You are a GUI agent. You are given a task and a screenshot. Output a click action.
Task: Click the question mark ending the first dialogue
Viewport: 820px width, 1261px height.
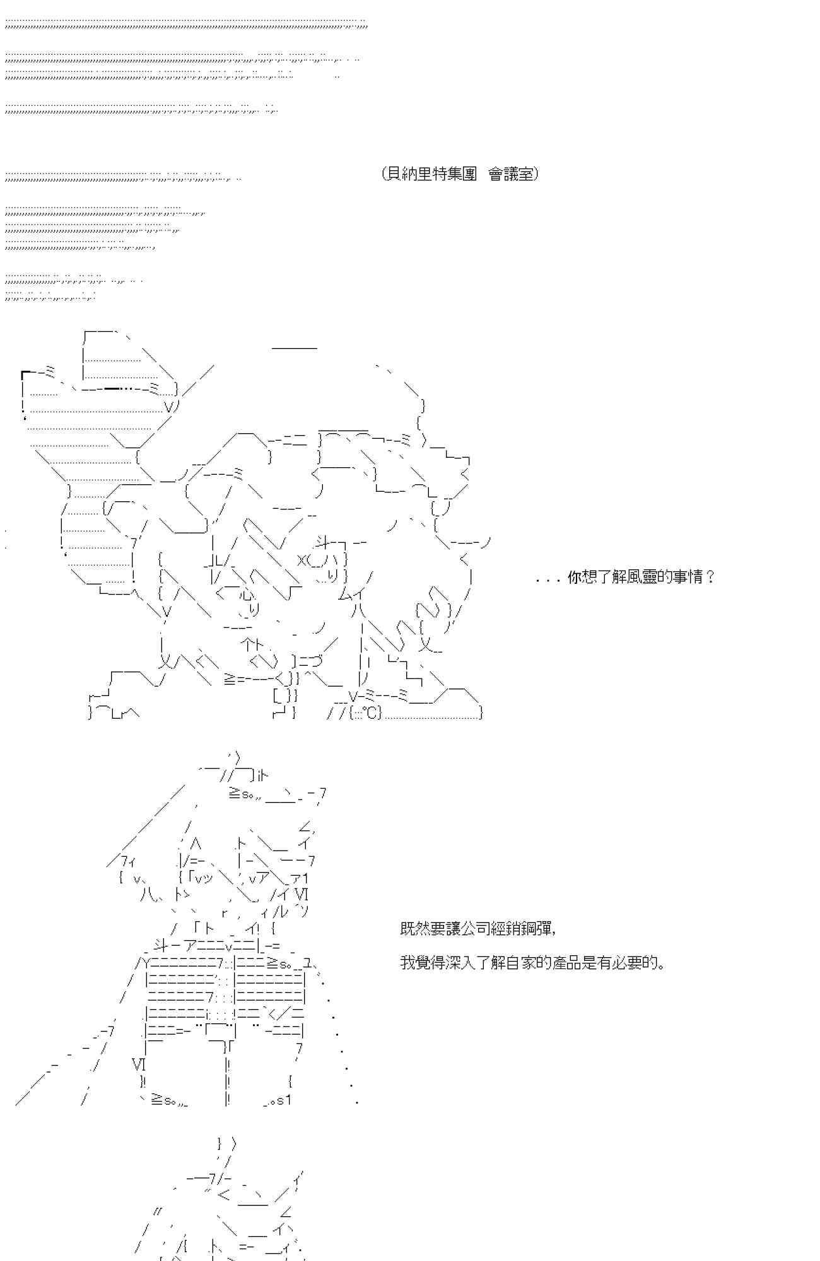tap(711, 577)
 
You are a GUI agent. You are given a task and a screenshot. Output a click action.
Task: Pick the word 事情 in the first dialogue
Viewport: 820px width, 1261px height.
tap(687, 577)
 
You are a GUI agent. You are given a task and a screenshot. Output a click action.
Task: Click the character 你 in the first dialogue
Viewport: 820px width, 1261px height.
tap(575, 577)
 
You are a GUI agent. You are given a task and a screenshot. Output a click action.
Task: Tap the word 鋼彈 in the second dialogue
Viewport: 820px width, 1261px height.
tap(539, 928)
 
